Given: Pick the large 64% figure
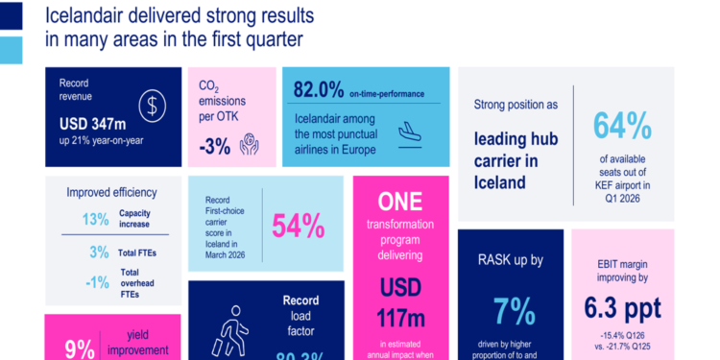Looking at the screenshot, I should pyautogui.click(x=621, y=126).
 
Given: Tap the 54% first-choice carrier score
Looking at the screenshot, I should pyautogui.click(x=299, y=226).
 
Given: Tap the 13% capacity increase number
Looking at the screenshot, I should pyautogui.click(x=95, y=220).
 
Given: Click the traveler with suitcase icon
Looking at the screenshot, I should pyautogui.click(x=228, y=332).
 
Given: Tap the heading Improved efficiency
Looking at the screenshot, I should pyautogui.click(x=111, y=192).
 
